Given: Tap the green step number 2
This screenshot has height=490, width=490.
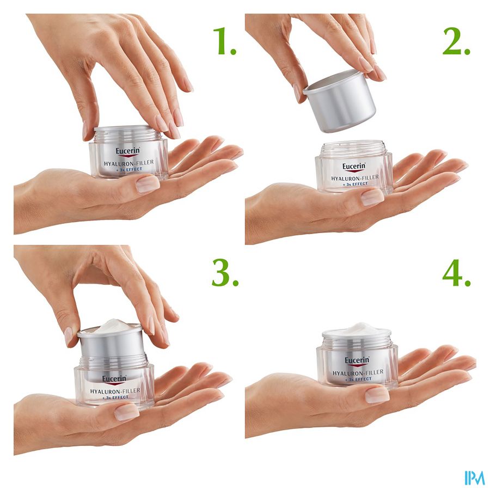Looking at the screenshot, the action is click(x=456, y=41).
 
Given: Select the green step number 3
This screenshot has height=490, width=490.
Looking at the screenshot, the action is click(x=225, y=273).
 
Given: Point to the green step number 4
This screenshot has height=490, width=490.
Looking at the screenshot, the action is click(x=456, y=273).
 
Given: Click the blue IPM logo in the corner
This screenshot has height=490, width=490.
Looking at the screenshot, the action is click(x=474, y=478).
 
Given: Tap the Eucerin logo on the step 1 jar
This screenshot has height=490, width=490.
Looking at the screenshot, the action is click(x=127, y=151).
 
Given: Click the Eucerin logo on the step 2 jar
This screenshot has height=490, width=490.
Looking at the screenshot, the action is click(x=354, y=167).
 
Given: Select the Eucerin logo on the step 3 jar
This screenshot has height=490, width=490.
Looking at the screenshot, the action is click(x=114, y=379).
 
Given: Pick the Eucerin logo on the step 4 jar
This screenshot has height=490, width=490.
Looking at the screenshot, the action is click(x=357, y=361).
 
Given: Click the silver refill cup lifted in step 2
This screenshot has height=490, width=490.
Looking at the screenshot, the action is click(x=340, y=101).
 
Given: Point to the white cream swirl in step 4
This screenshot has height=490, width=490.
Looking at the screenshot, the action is click(x=357, y=329).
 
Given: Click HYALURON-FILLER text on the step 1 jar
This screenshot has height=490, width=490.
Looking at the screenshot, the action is click(x=129, y=163).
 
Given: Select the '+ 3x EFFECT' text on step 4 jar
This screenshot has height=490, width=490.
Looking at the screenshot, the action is click(x=358, y=379).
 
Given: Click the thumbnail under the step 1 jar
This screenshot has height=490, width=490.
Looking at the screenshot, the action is click(x=148, y=184).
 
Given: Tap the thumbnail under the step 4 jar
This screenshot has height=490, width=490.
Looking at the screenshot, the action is click(x=377, y=395).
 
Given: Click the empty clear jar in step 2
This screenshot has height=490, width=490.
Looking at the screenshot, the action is click(x=354, y=167).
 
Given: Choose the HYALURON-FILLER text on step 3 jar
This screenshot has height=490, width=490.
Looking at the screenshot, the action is click(x=115, y=391).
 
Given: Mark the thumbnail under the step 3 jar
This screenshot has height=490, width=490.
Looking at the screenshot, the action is click(x=127, y=412).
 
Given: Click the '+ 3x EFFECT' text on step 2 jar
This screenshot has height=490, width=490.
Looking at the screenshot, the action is click(x=355, y=184).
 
